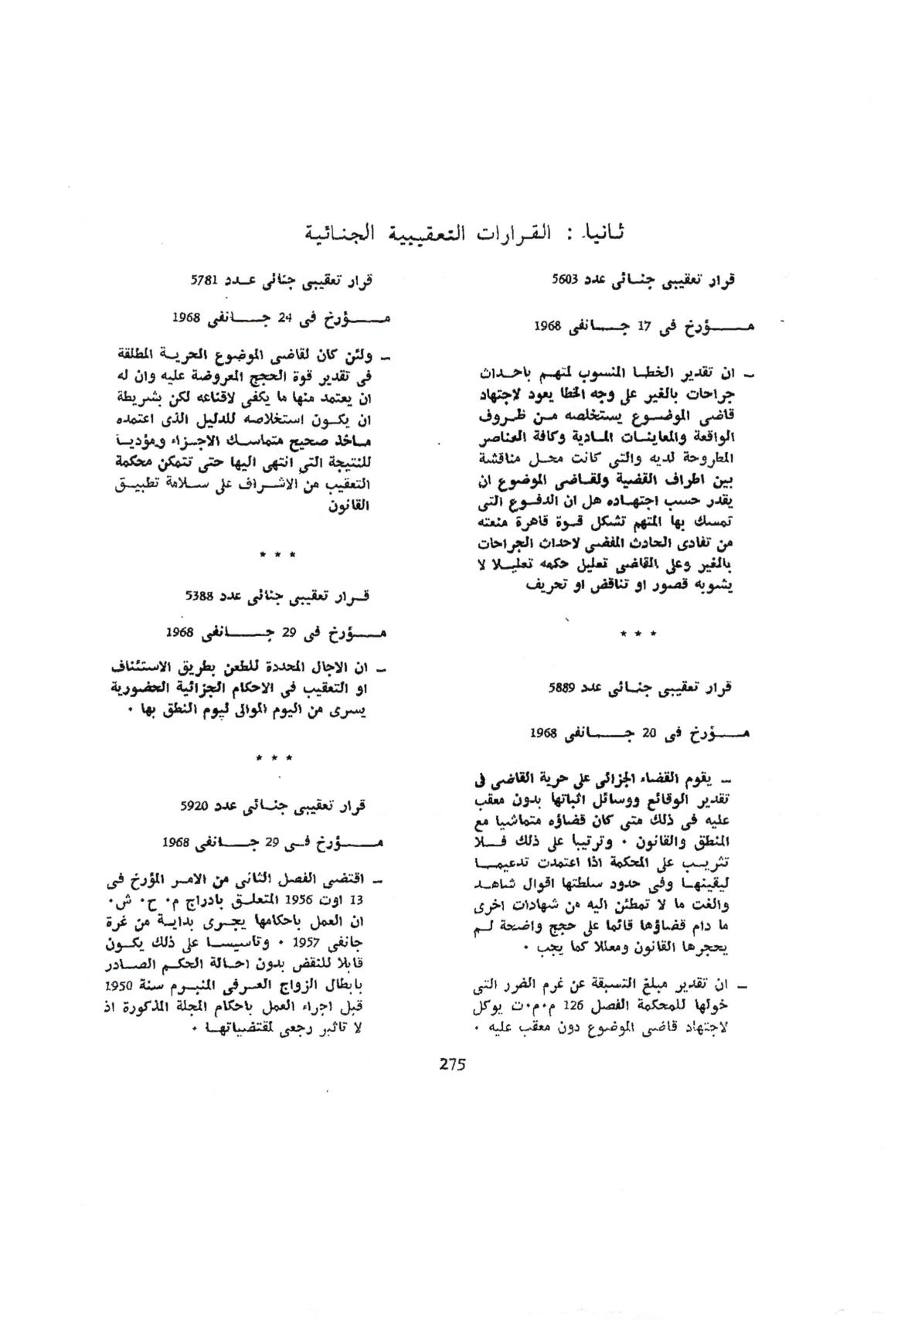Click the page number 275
tap(453, 1063)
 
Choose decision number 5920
tap(193, 806)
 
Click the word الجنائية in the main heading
tap(333, 231)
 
